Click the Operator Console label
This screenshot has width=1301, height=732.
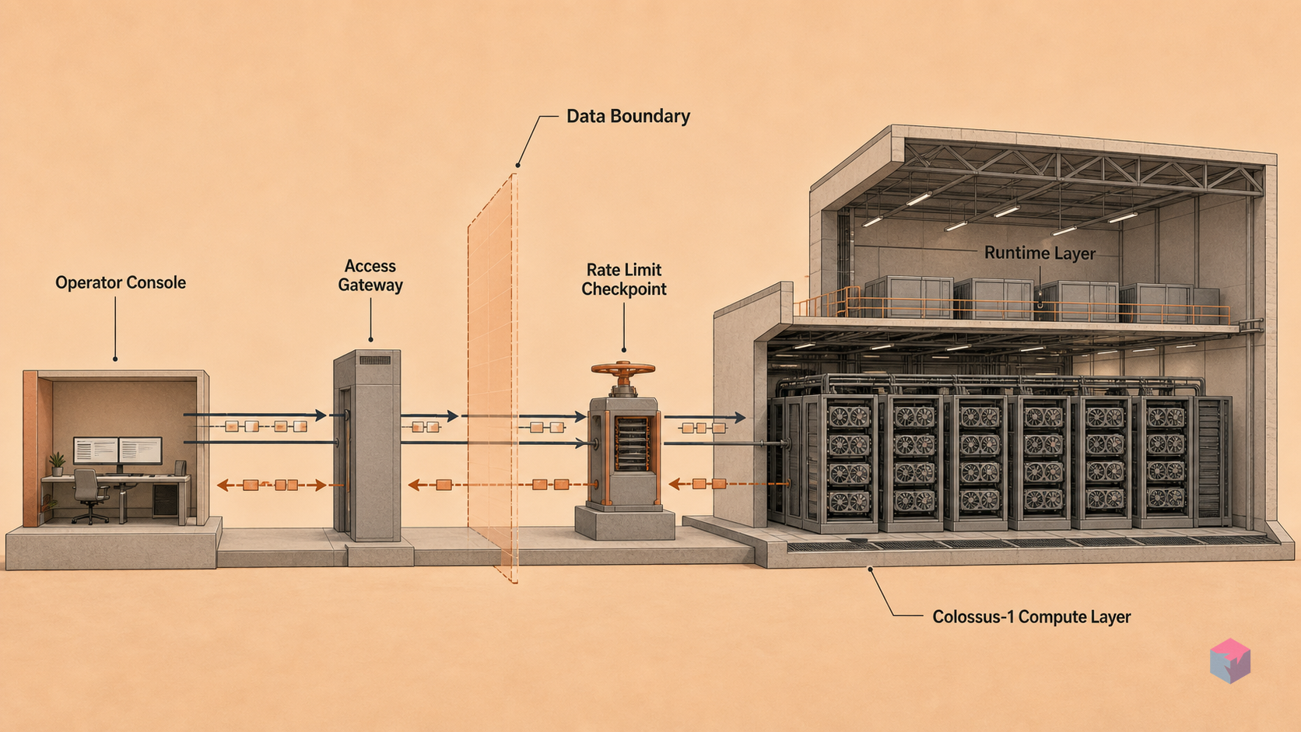121,282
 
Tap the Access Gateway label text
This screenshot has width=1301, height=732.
370,275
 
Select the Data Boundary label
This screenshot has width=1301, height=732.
628,116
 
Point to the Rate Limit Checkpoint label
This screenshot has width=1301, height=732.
624,279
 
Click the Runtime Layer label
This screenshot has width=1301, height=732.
1040,253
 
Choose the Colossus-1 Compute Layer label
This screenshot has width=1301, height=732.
1032,616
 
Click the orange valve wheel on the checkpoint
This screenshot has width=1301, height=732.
623,370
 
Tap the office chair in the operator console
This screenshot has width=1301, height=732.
89,496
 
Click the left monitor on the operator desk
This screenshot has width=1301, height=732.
96,450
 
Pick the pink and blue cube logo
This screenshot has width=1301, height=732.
1230,660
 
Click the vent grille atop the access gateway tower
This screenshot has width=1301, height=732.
374,360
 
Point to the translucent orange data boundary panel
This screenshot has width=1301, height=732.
493,377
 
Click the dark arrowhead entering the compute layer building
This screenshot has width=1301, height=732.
739,417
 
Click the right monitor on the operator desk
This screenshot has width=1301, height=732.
141,450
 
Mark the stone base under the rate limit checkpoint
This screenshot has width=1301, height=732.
625,523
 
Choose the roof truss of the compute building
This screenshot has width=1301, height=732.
1080,168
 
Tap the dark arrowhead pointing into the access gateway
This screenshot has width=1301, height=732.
320,415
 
